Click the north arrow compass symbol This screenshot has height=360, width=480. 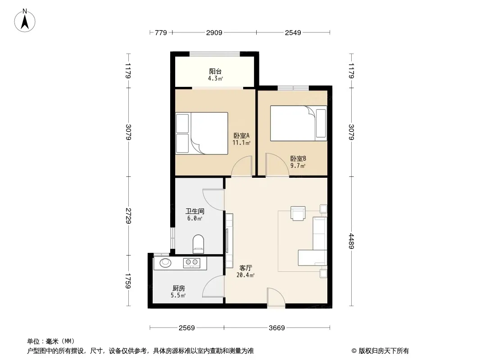click(25, 21)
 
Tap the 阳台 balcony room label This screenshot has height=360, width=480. click(215, 71)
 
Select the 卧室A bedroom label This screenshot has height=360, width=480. click(241, 135)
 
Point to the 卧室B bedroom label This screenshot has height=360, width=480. click(298, 158)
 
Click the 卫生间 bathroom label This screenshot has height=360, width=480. click(195, 211)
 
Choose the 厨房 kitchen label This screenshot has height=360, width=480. click(178, 288)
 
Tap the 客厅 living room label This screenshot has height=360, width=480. click(245, 268)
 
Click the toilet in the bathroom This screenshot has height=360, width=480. click(199, 244)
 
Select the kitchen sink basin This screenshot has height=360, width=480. click(165, 262)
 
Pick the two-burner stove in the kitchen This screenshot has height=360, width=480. click(192, 263)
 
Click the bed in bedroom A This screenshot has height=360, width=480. click(202, 133)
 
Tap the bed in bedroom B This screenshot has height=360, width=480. click(299, 123)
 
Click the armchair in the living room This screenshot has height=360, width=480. click(298, 213)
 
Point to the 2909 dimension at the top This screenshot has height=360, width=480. click(214, 32)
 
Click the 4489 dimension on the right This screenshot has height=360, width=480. click(351, 241)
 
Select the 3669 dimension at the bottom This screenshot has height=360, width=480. click(277, 328)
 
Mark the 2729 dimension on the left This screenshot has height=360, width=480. click(129, 216)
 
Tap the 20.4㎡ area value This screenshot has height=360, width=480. click(245, 275)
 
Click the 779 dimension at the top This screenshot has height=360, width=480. click(161, 32)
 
